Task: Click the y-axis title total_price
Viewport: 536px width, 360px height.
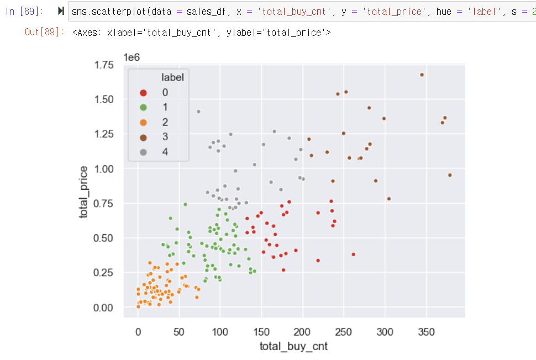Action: pyautogui.click(x=83, y=192)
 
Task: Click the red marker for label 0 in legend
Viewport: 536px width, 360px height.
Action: pyautogui.click(x=144, y=93)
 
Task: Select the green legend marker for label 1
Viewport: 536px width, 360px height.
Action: pyautogui.click(x=144, y=107)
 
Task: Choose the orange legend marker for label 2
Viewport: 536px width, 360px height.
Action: pyautogui.click(x=144, y=122)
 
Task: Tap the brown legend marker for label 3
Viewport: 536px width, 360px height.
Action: pyautogui.click(x=144, y=137)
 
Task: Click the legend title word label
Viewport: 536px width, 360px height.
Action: pyautogui.click(x=172, y=77)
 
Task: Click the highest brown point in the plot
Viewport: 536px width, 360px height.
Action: pyautogui.click(x=422, y=75)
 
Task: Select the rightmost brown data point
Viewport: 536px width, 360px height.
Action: pyautogui.click(x=450, y=175)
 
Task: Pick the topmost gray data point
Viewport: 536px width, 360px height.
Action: pyautogui.click(x=198, y=112)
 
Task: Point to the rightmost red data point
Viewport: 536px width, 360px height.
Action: pyautogui.click(x=354, y=255)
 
